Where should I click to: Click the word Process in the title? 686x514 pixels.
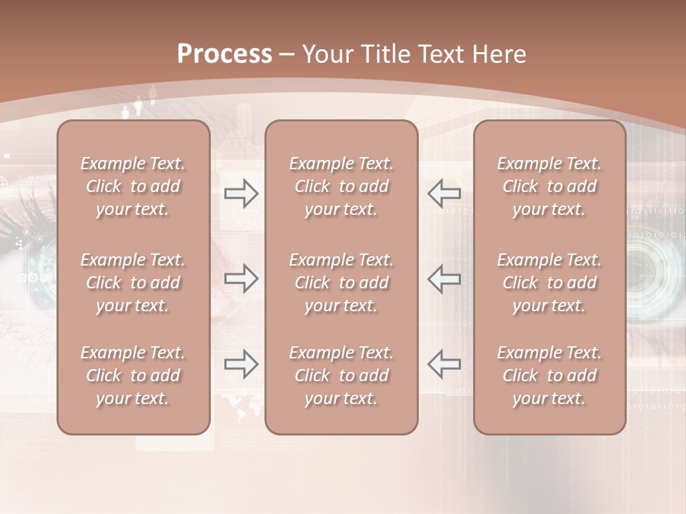pos(224,54)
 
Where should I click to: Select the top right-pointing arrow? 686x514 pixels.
pos(242,193)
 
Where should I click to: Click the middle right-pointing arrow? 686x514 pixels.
pos(242,278)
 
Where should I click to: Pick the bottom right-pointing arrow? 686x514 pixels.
pos(242,363)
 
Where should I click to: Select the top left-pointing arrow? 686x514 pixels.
pos(444,193)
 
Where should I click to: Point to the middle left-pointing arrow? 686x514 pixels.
pos(444,278)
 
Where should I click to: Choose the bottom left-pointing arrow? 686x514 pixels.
pos(444,363)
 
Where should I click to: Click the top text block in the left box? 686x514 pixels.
pos(133,186)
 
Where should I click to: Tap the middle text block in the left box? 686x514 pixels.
pos(133,283)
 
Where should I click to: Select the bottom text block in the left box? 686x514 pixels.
pos(133,376)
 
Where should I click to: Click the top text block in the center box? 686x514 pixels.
pos(341,186)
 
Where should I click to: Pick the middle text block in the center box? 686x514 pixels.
pos(341,283)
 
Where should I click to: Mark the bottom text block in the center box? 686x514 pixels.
pos(341,376)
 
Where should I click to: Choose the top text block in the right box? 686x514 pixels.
pos(549,186)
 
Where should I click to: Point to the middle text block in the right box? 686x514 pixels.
pos(549,283)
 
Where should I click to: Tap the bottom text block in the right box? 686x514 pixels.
pos(549,376)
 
